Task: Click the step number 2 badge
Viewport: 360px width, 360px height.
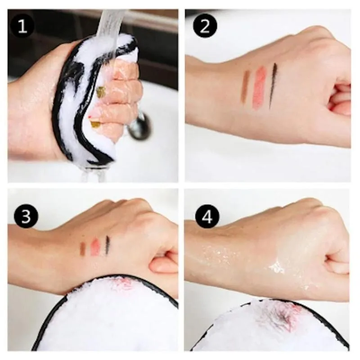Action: click(x=205, y=27)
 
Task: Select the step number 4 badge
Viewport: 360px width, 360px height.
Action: click(x=207, y=216)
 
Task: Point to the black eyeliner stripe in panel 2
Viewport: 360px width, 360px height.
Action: click(x=273, y=85)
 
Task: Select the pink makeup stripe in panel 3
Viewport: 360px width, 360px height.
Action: click(x=95, y=247)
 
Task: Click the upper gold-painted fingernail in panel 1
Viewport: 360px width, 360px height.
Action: click(x=101, y=92)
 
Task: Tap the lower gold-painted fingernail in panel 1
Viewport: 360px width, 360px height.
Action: click(x=95, y=124)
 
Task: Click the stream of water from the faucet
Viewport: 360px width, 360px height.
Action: click(x=108, y=22)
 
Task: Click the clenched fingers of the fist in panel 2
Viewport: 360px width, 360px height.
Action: click(x=340, y=97)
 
